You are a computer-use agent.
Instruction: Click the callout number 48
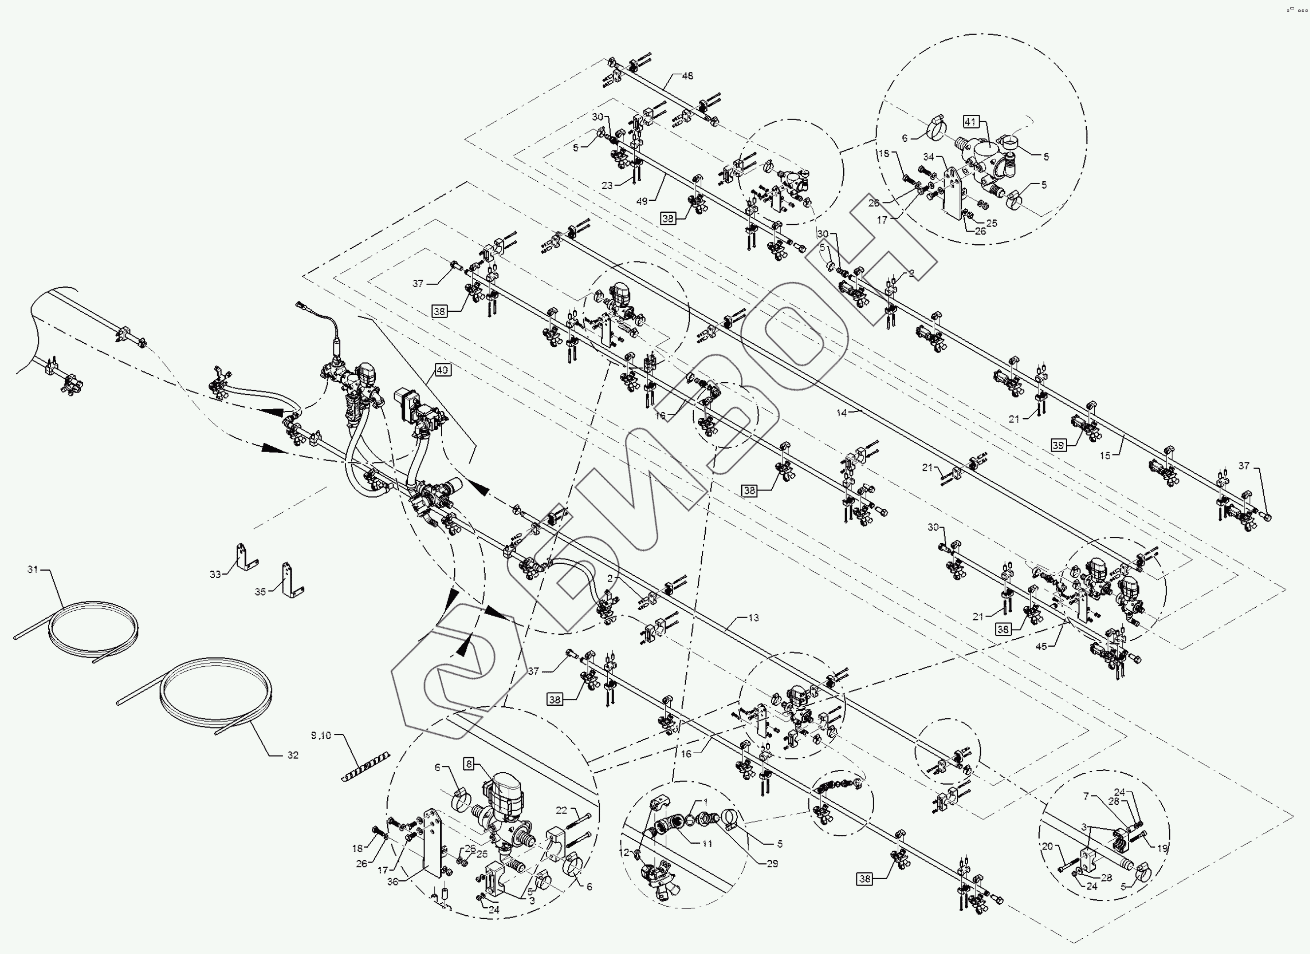click(688, 76)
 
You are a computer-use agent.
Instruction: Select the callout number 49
click(642, 201)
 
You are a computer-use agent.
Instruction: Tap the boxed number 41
click(970, 122)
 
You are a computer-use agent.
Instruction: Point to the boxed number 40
click(442, 369)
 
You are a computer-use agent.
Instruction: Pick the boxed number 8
click(469, 764)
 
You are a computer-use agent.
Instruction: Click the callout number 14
click(842, 413)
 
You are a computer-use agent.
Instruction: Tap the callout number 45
click(1042, 647)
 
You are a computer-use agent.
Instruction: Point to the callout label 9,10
click(321, 736)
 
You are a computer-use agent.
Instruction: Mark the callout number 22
click(561, 810)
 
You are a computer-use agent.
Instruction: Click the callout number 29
click(772, 864)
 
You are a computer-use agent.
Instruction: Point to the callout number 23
click(607, 186)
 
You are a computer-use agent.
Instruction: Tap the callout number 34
click(928, 157)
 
